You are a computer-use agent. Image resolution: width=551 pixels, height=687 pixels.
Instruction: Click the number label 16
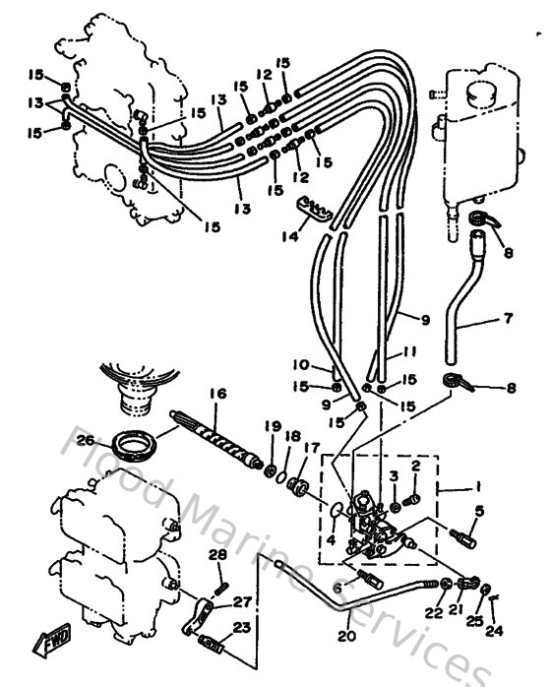coord(217,394)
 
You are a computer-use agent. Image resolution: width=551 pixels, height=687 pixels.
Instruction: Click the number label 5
coord(480,510)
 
